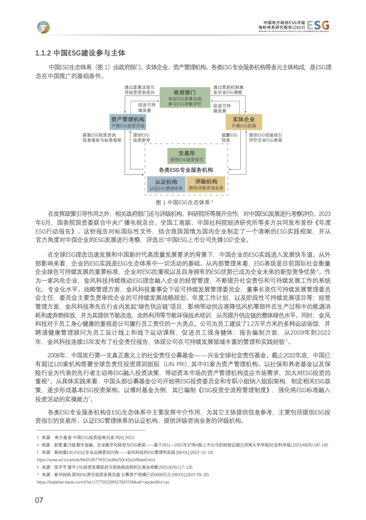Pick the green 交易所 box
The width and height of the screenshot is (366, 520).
coord(186,155)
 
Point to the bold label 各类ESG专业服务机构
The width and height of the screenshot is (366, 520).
coord(186,170)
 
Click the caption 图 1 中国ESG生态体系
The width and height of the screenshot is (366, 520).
coord(184,202)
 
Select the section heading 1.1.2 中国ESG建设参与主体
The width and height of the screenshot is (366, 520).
coord(80,53)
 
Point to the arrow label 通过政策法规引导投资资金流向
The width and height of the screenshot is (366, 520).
coord(139,90)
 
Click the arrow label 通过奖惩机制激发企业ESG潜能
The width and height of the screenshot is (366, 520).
coord(229,90)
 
